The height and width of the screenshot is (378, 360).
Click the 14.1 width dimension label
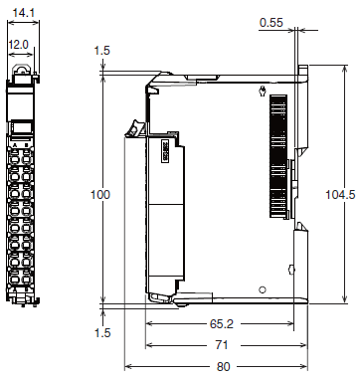point(24,13)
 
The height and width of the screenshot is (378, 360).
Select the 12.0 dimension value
point(19,45)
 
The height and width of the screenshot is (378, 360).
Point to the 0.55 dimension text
point(271,23)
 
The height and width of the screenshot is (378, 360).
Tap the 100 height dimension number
point(100,195)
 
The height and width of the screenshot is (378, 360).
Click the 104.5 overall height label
point(340,195)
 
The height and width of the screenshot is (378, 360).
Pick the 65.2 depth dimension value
point(222,324)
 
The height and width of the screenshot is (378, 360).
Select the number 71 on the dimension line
point(222,345)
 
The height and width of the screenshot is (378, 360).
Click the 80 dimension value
point(223,367)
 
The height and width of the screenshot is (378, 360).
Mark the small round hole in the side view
point(263,290)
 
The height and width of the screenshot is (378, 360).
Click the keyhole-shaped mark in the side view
point(263,91)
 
